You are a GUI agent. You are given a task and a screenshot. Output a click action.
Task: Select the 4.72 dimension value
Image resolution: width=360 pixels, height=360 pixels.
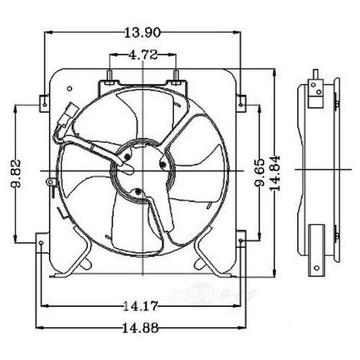[x=142, y=54]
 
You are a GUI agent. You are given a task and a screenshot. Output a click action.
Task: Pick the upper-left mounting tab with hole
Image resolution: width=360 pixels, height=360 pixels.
[x=44, y=102]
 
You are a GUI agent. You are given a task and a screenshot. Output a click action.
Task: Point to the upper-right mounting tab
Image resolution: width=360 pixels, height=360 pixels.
[x=241, y=102]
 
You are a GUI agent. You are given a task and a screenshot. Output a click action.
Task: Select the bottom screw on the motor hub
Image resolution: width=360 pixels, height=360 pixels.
[x=138, y=191]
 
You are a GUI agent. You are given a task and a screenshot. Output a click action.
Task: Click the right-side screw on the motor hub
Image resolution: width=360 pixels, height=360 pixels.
[x=164, y=164]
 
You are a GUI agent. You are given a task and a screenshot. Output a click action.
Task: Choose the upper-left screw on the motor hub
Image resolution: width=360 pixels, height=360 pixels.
[x=127, y=156]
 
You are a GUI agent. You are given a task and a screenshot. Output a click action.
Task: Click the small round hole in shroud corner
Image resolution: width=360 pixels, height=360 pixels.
[x=69, y=89]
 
